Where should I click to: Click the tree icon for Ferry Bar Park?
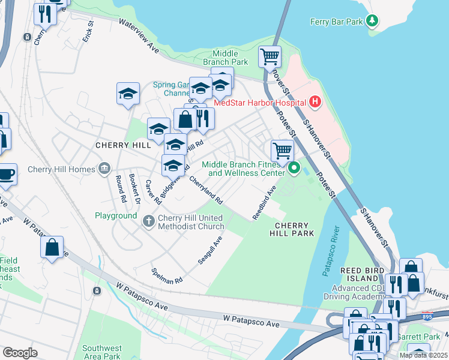[x=372, y=22]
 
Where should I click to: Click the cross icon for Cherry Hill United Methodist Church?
[x=149, y=221]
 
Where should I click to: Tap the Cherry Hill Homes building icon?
[x=105, y=167]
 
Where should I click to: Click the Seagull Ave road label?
[x=210, y=250]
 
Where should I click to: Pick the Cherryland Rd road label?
[x=206, y=189]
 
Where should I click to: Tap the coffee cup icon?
[x=7, y=175]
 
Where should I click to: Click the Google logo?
[x=20, y=352]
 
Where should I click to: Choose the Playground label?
[x=116, y=215]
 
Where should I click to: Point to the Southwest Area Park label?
[x=102, y=352]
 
